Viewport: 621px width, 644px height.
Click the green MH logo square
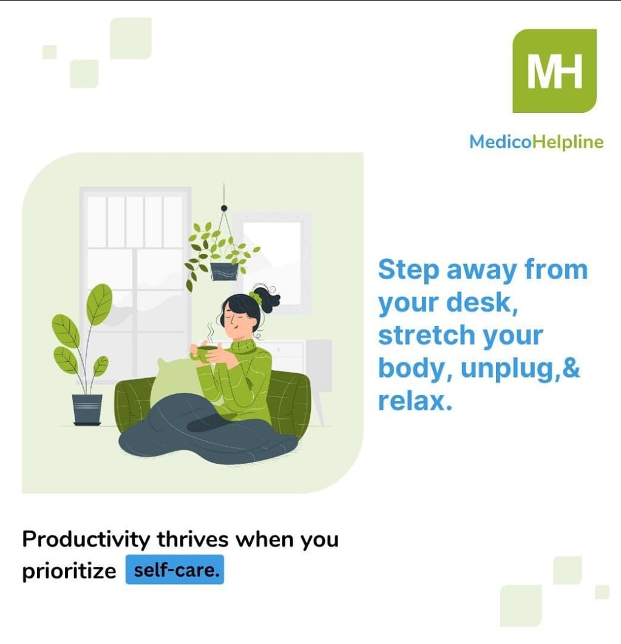[554, 70]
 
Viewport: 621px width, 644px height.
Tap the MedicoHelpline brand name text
[536, 142]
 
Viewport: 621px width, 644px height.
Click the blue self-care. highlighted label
[175, 570]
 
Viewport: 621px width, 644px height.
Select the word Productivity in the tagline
[86, 539]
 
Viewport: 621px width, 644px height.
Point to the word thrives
[193, 539]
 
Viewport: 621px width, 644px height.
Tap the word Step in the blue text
[407, 269]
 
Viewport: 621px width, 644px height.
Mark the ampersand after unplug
[571, 368]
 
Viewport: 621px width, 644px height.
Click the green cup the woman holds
[206, 352]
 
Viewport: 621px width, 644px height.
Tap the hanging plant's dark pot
[224, 271]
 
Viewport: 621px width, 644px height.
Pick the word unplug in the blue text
[498, 368]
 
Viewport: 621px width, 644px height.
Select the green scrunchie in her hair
[256, 298]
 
